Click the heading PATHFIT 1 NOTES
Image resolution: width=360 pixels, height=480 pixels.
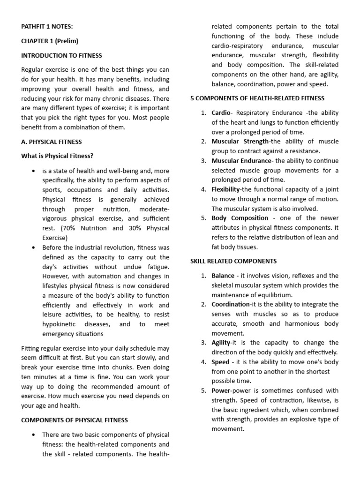[x=47, y=27]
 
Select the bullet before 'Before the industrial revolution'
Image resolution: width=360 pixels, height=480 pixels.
[x=33, y=247]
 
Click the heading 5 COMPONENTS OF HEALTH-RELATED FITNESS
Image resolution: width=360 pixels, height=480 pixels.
[x=257, y=98]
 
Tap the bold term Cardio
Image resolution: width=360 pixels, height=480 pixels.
[x=221, y=113]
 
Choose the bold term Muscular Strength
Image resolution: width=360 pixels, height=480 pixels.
[x=240, y=142]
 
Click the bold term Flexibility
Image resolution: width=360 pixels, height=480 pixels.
[x=225, y=189]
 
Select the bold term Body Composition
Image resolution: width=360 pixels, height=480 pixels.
[x=240, y=218]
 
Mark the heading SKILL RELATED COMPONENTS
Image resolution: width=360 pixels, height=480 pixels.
[x=233, y=261]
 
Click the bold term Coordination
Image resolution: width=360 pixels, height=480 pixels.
[x=231, y=304]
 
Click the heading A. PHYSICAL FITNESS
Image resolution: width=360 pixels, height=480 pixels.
[x=52, y=142]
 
